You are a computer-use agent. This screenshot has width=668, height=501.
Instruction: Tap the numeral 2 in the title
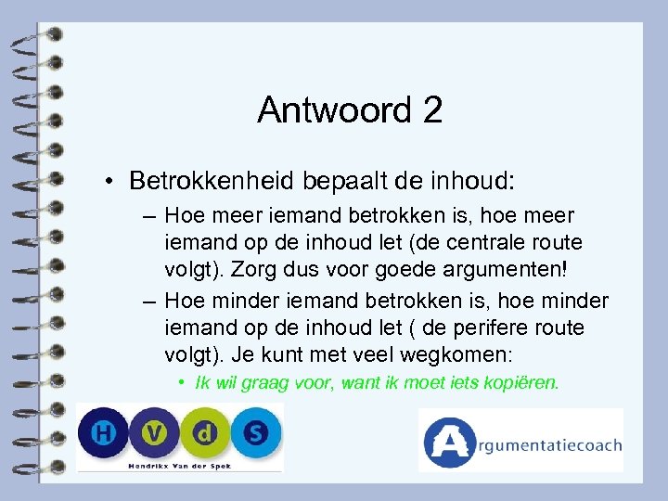(x=431, y=110)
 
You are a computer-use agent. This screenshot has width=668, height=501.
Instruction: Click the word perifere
(x=486, y=328)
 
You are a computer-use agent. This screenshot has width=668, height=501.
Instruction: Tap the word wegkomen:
(x=481, y=355)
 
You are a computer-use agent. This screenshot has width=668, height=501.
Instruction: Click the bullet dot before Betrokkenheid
(x=109, y=179)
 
